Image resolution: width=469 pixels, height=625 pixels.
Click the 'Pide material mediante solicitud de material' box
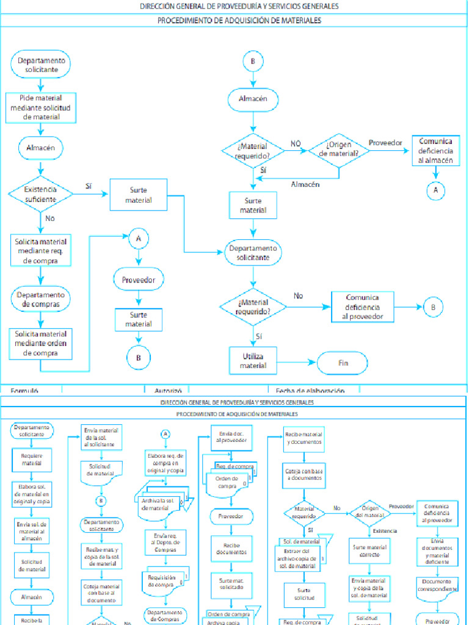click(40, 107)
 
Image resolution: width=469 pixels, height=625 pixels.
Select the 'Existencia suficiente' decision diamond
click(40, 194)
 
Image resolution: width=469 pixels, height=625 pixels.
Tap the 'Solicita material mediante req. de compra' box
click(40, 250)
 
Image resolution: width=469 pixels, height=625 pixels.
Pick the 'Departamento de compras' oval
click(40, 300)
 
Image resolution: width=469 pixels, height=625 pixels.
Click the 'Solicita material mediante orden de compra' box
click(40, 344)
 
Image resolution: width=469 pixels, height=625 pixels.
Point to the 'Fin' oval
click(343, 363)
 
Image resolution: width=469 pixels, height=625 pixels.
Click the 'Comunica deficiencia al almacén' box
click(436, 150)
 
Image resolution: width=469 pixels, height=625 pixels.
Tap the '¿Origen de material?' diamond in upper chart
click(339, 149)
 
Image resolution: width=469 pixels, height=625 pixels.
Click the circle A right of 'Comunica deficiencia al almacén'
click(436, 190)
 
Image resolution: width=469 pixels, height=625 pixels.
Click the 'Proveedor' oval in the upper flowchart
click(139, 280)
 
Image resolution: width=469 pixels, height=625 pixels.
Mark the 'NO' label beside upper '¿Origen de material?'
click(296, 143)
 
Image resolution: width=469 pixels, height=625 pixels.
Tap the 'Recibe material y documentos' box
click(304, 438)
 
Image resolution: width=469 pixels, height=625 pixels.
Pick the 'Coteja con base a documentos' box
click(304, 475)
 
